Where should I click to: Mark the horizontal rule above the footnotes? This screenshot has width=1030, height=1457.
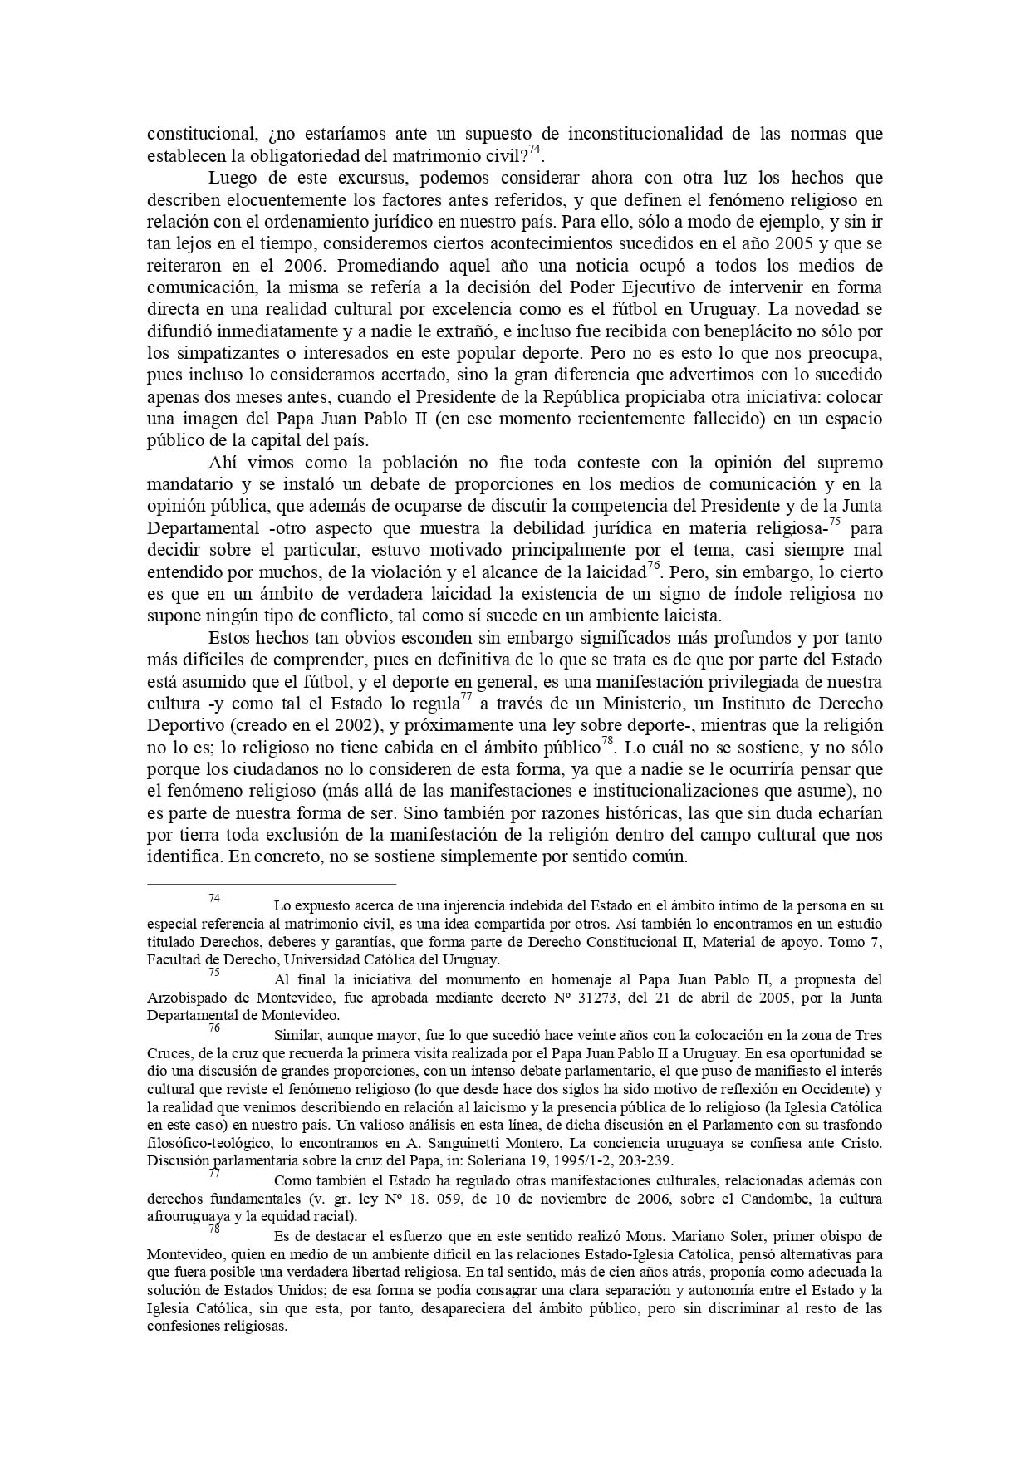coord(272,885)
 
